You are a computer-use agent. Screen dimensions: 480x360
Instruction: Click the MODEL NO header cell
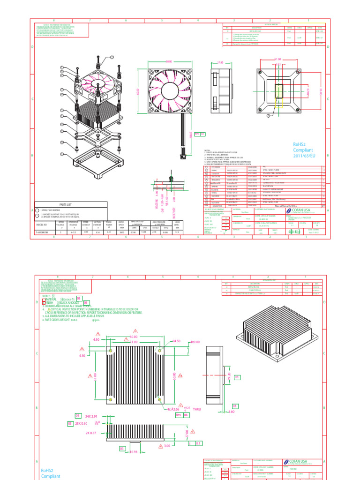[41, 225]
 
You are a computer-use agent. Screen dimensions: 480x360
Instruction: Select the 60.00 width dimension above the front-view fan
[169, 61]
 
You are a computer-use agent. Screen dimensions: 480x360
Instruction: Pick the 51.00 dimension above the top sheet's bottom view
[277, 59]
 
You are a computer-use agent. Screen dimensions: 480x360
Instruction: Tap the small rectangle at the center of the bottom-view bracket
[278, 91]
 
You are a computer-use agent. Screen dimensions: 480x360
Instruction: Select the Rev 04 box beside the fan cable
[200, 134]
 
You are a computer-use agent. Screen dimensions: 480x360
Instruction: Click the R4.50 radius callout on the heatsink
[177, 341]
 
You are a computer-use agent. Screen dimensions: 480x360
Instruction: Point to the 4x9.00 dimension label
[195, 342]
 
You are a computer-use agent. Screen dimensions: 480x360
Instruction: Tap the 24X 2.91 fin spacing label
[92, 416]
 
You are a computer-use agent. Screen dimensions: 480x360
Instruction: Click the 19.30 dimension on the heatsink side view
[229, 377]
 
